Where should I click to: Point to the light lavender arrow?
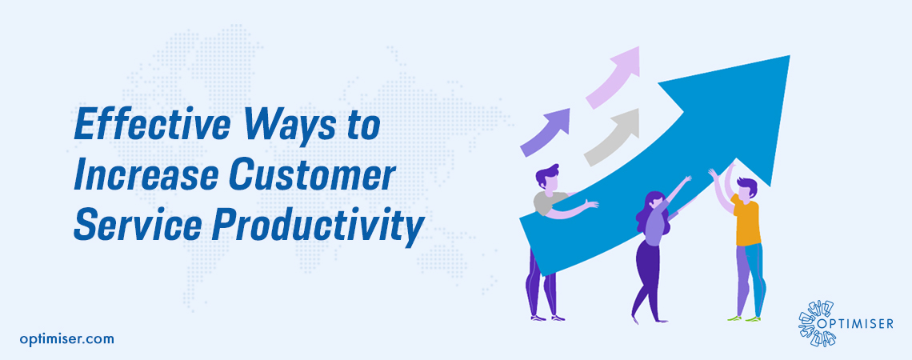tap(615, 75)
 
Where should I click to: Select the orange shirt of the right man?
tap(747, 224)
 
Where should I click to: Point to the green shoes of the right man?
tap(745, 318)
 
